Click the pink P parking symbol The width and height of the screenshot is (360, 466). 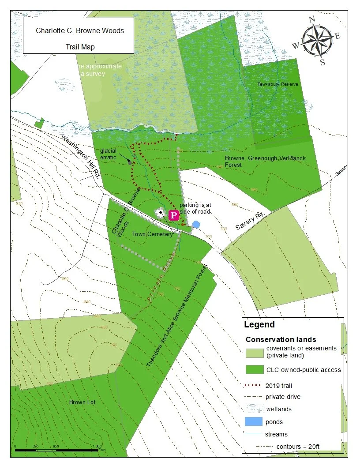(174, 215)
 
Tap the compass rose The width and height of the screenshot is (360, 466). (316, 40)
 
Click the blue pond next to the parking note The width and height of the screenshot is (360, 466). (196, 224)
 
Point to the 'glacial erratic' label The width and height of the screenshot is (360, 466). (108, 154)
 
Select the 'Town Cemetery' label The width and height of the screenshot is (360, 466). (153, 234)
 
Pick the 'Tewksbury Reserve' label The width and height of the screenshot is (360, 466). (278, 84)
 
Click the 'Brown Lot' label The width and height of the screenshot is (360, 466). (82, 402)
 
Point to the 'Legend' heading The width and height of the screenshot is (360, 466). (259, 325)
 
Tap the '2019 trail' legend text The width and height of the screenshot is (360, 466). (278, 385)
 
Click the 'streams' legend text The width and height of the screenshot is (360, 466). (276, 434)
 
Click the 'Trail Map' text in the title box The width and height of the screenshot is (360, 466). (80, 46)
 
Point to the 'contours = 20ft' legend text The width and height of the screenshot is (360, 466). (297, 446)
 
